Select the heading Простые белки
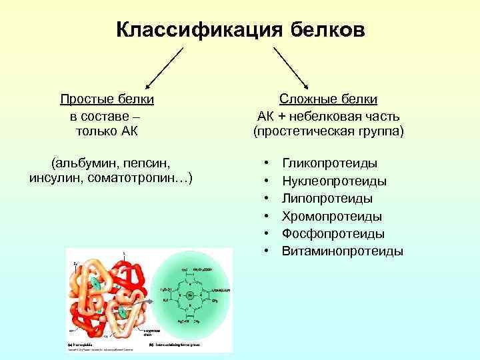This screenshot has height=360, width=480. pos(107,99)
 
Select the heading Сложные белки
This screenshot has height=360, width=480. pos(328,99)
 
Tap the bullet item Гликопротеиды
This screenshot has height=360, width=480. pos(329,163)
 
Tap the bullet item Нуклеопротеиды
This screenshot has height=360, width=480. pos(334,181)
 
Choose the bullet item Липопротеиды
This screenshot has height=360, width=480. pos(327,199)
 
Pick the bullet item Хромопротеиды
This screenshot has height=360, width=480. pos(331,216)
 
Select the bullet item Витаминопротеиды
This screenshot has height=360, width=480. pos(342,251)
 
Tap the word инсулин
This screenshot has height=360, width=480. pos(57,178)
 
